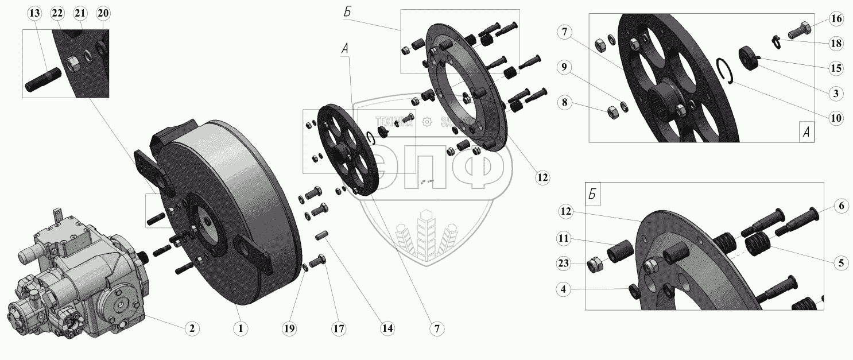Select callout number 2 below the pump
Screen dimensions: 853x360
click(191, 328)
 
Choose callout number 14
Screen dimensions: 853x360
click(387, 328)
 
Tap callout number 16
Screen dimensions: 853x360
click(836, 20)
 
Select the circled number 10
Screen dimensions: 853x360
click(836, 118)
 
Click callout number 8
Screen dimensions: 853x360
click(565, 103)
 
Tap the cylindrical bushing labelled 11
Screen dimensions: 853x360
click(620, 252)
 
